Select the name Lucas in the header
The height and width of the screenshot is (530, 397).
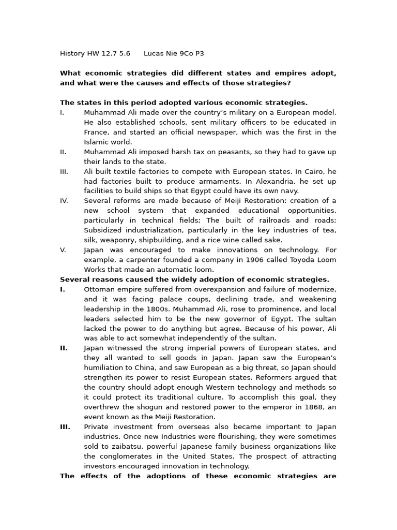point(154,53)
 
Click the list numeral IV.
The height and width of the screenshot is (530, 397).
point(64,201)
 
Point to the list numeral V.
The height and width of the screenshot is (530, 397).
point(63,250)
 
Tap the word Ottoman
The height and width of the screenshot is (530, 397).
point(100,289)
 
